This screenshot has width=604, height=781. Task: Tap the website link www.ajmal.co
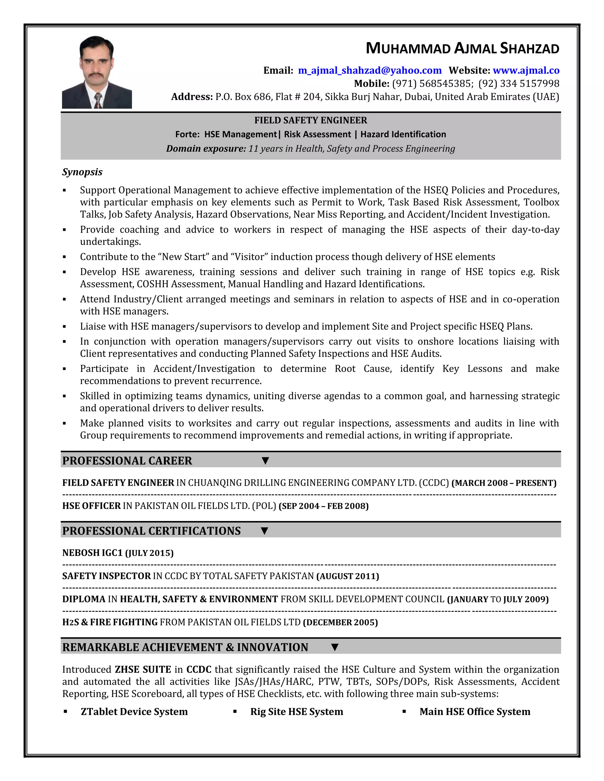tap(526, 70)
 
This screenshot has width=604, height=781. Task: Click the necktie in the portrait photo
tap(98, 100)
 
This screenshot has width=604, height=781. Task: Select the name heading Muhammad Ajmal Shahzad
tap(462, 49)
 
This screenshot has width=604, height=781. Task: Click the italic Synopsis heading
tap(82, 172)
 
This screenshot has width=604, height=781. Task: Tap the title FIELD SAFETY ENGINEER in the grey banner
tap(311, 121)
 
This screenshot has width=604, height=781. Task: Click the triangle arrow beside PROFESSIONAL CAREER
tap(265, 461)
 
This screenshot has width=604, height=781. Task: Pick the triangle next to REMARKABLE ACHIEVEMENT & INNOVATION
tap(334, 647)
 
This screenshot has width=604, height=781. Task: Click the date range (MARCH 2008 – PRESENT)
tap(504, 483)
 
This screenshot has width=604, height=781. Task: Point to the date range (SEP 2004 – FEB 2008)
tap(324, 506)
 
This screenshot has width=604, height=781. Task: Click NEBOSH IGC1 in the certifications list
tap(92, 553)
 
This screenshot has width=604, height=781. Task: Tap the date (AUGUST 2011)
tap(347, 576)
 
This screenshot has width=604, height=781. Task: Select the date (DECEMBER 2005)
tap(340, 622)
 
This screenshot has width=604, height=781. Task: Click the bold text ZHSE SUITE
tap(143, 669)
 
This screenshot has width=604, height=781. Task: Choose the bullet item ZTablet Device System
tap(134, 712)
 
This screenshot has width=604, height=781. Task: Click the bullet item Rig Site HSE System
tap(297, 712)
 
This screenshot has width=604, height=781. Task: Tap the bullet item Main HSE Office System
tap(475, 712)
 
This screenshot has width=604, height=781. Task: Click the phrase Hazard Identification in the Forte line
tap(403, 134)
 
